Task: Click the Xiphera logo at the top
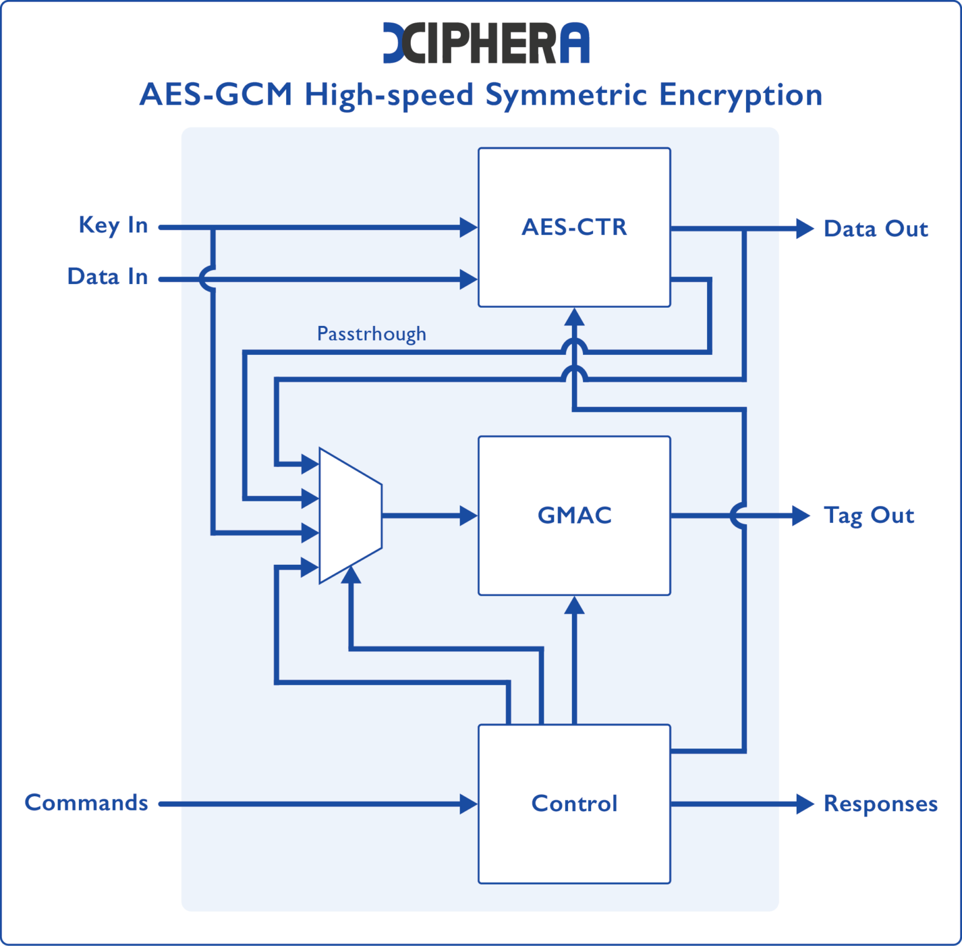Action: coord(486,43)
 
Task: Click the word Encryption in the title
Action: coord(740,95)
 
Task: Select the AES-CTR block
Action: coord(574,227)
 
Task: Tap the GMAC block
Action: coord(574,515)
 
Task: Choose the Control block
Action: coord(574,804)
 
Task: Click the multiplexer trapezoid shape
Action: coord(350,515)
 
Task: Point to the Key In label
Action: coord(113,224)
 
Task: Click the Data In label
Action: coord(107,276)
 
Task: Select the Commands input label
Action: coord(86,802)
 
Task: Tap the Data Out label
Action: coord(876,229)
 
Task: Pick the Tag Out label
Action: coord(869,515)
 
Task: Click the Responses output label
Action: coord(880,804)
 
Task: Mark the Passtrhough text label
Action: coord(371,334)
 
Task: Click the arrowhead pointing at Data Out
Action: coord(804,229)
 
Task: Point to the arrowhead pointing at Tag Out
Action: coord(801,515)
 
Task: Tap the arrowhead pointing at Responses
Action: coord(804,804)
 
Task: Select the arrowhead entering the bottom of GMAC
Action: coord(574,605)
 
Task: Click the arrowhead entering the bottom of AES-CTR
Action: coord(574,317)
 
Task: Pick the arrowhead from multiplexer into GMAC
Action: coord(468,515)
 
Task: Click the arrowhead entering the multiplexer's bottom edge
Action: coord(351,574)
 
